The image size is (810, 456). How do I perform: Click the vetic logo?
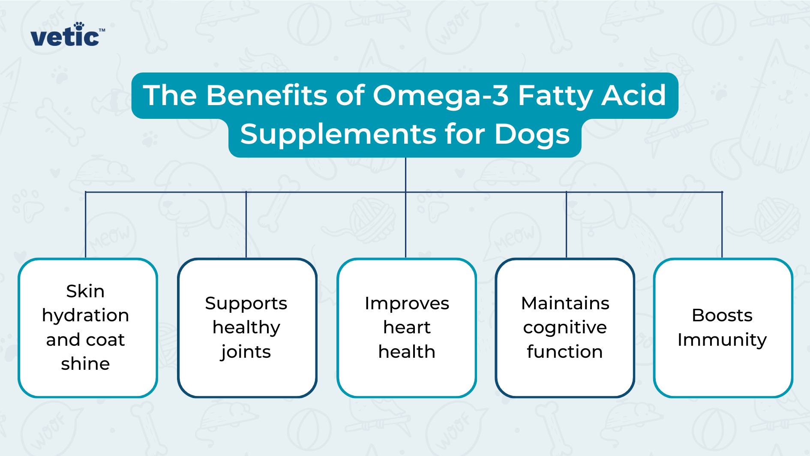(67, 37)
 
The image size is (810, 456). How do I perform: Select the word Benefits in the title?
(266, 95)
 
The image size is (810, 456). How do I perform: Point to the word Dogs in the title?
(532, 134)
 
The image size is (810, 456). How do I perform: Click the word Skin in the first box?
(85, 291)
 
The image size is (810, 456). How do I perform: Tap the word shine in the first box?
(85, 364)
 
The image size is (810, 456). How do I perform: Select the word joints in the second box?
(246, 352)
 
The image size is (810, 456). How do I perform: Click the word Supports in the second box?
(246, 304)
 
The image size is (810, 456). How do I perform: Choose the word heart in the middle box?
(406, 328)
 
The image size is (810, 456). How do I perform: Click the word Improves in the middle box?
(406, 304)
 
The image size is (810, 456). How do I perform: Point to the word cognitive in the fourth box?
(565, 328)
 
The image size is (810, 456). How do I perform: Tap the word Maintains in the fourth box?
(565, 303)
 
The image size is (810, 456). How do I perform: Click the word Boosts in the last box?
(722, 315)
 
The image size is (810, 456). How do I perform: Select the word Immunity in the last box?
(722, 340)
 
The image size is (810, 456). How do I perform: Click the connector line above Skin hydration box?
(86, 225)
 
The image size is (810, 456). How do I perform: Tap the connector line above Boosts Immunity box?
(722, 225)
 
